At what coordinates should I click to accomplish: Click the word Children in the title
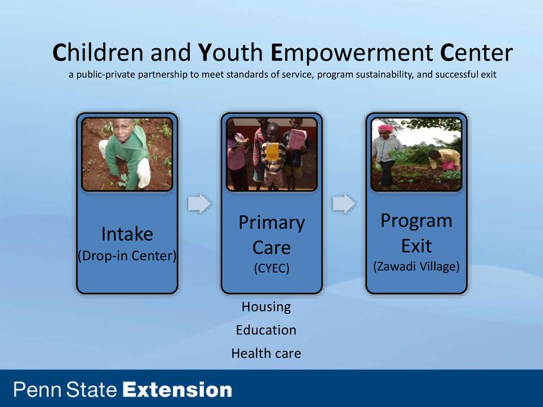coord(98,52)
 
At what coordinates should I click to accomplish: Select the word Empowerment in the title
coord(352,54)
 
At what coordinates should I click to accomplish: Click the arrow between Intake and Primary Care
coord(199,203)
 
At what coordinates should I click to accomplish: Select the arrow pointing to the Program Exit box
coord(344,203)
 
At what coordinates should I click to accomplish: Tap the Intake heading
coord(127,234)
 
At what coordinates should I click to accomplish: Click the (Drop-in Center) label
coord(127,256)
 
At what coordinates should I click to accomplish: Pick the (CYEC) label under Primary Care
coord(271,268)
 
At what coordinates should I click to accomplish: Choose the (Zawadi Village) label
coord(416,267)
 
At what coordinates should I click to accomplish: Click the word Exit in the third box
coord(416,246)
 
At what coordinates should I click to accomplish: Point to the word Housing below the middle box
coord(266,307)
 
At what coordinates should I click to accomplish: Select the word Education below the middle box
coord(266,330)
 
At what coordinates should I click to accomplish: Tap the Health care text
coord(266,353)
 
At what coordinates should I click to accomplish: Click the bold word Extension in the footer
coord(177,390)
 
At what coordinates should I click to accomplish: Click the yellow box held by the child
coord(272,152)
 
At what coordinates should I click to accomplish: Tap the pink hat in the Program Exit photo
coord(386,128)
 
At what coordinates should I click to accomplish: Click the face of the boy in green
coord(124,129)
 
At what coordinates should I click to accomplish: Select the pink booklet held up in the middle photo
coord(297,139)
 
